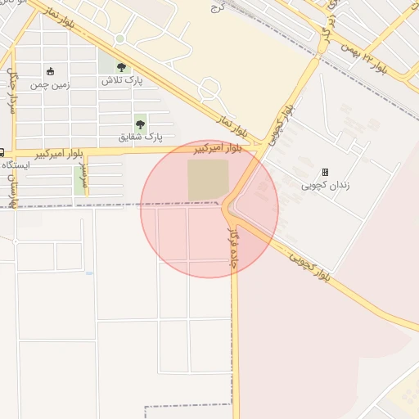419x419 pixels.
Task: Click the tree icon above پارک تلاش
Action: pyautogui.click(x=122, y=68)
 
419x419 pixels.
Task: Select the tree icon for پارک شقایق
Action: pyautogui.click(x=140, y=124)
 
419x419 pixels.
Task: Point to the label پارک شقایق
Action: pyautogui.click(x=141, y=137)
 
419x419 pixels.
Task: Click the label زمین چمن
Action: pyautogui.click(x=50, y=84)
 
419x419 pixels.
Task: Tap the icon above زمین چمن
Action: pyautogui.click(x=51, y=71)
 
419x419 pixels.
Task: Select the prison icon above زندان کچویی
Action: pyautogui.click(x=325, y=173)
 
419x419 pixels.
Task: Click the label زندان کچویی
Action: pyautogui.click(x=326, y=185)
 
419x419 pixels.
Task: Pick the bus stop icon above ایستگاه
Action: pyautogui.click(x=2, y=152)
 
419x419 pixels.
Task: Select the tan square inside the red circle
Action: pyautogui.click(x=208, y=180)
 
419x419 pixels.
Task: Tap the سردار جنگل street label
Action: pyautogui.click(x=11, y=90)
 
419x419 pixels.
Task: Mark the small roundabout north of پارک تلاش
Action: pyautogui.click(x=120, y=38)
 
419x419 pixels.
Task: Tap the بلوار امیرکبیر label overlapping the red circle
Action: pyautogui.click(x=217, y=149)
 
